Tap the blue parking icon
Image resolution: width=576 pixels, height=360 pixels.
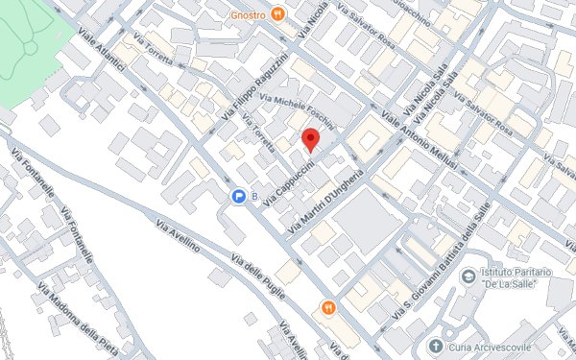(238, 197)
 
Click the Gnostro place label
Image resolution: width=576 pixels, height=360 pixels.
(248, 13)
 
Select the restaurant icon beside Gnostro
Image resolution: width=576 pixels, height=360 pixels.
(277, 13)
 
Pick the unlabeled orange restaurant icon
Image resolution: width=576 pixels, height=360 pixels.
(328, 308)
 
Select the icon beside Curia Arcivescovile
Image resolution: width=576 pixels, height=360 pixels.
(437, 345)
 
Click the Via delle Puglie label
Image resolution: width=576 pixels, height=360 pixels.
(260, 278)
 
